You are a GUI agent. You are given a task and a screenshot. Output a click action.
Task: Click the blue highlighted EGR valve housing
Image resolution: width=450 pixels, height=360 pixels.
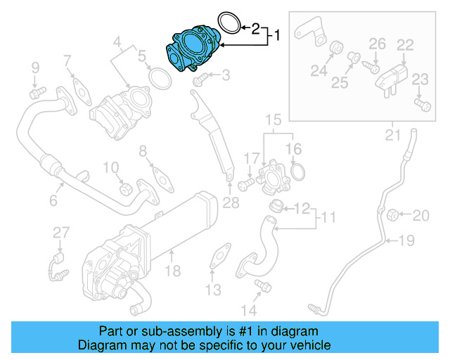pyautogui.click(x=191, y=48)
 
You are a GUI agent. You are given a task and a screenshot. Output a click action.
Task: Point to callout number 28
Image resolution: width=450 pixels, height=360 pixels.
pyautogui.click(x=231, y=204)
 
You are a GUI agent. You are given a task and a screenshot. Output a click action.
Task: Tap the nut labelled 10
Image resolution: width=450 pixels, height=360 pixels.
pyautogui.click(x=126, y=188)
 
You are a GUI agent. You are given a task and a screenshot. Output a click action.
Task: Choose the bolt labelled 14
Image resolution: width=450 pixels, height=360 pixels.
pyautogui.click(x=263, y=285)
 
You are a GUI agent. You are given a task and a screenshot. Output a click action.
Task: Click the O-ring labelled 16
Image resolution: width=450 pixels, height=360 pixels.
pyautogui.click(x=298, y=171)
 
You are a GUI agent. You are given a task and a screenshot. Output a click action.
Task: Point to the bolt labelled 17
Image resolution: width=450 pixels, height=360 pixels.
pyautogui.click(x=245, y=185)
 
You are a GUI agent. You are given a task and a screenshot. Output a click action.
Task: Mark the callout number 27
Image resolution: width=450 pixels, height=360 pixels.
pyautogui.click(x=62, y=232)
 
